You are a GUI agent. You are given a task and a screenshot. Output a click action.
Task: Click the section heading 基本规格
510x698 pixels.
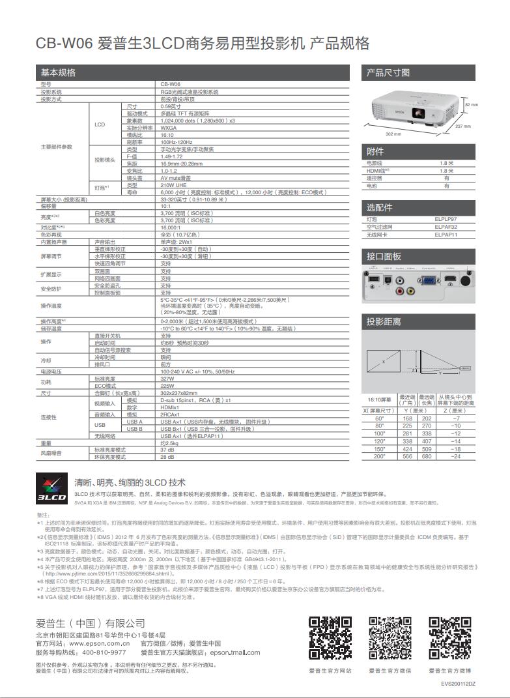pyautogui.click(x=58, y=72)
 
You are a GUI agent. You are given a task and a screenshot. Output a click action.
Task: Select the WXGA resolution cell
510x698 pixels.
pyautogui.click(x=169, y=128)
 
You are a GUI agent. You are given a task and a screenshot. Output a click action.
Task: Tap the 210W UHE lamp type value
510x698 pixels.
pyautogui.click(x=173, y=185)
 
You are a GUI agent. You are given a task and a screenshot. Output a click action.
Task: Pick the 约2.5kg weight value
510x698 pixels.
pyautogui.click(x=169, y=443)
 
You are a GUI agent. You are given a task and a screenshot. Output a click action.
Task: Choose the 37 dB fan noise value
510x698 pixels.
pyautogui.click(x=167, y=450)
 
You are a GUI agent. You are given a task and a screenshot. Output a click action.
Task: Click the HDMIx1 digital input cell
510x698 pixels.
pyautogui.click(x=170, y=407)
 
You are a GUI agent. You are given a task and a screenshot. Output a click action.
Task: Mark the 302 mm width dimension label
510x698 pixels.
pyautogui.click(x=393, y=134)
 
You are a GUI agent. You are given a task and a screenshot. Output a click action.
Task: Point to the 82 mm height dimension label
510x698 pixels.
pyautogui.click(x=471, y=105)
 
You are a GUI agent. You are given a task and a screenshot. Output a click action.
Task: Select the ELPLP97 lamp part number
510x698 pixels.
pyautogui.click(x=446, y=220)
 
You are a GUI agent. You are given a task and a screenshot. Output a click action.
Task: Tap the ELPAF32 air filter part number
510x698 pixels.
pyautogui.click(x=446, y=227)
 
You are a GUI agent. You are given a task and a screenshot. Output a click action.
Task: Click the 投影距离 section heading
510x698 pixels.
pyautogui.click(x=384, y=322)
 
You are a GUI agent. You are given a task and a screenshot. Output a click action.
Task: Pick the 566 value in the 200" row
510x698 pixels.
pyautogui.click(x=408, y=456)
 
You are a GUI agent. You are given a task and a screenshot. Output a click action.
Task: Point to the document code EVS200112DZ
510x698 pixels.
pyautogui.click(x=458, y=684)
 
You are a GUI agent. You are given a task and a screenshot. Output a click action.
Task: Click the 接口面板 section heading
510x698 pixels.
pyautogui.click(x=384, y=257)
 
